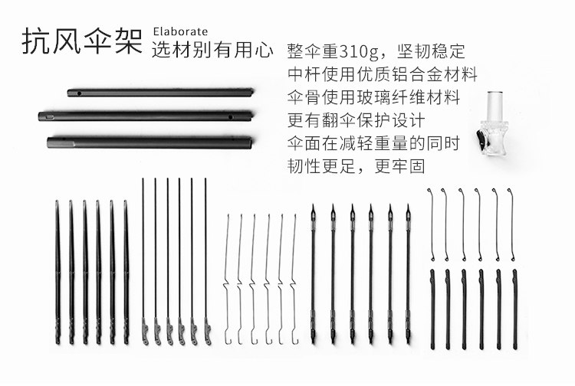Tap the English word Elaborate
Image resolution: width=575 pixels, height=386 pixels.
180,31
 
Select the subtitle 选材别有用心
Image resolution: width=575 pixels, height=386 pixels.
212,51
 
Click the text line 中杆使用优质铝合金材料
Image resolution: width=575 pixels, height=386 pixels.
382,75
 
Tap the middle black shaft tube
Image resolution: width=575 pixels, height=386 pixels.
146,117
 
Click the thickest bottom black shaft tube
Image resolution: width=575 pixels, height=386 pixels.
149,142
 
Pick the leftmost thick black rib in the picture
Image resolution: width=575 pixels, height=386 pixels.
57,272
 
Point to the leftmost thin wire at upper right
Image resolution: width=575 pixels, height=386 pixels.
432,224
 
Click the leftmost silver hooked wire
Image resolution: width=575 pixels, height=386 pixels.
228,280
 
